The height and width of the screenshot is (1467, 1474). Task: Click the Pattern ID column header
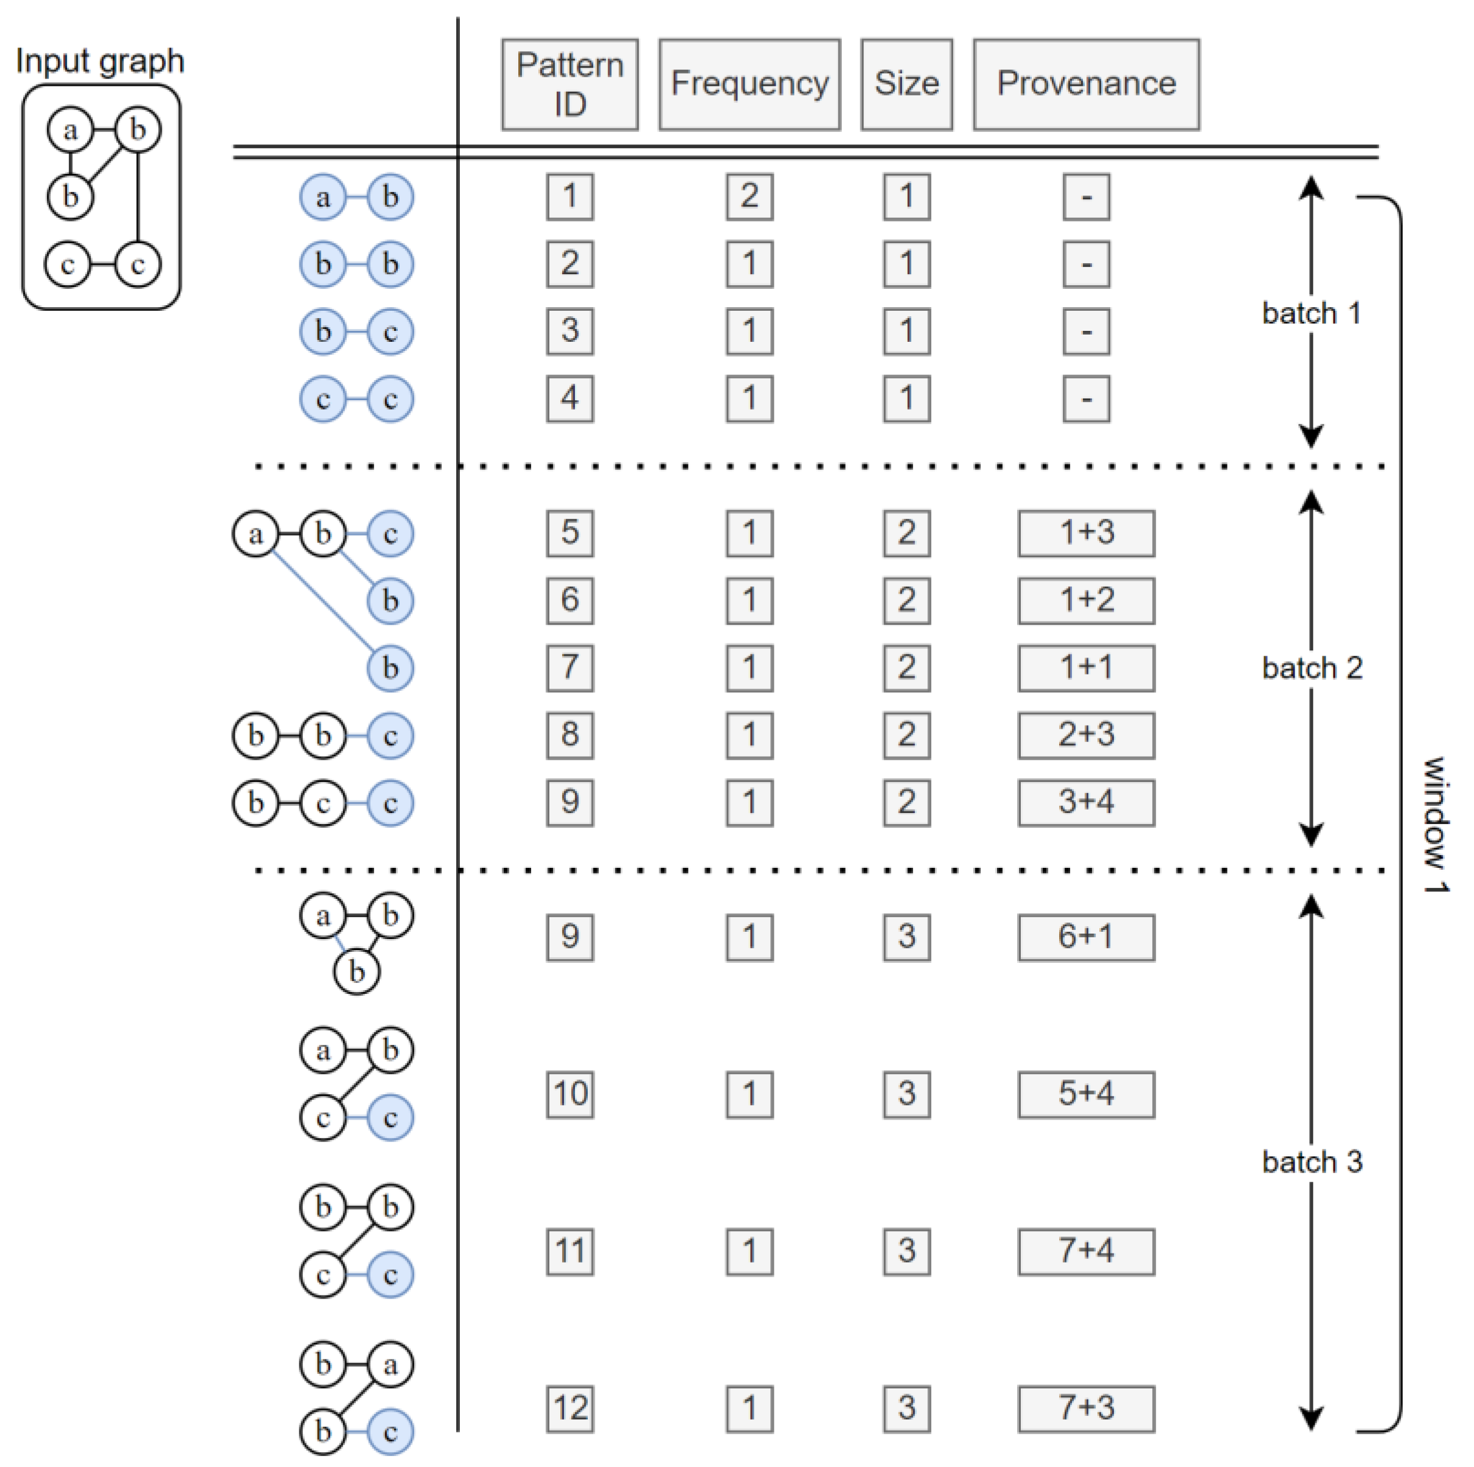pyautogui.click(x=569, y=85)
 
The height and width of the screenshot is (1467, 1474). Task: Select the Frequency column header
pyautogui.click(x=749, y=85)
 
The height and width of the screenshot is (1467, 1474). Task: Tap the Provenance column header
pyautogui.click(x=1086, y=85)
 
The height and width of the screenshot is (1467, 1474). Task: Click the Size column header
pyautogui.click(x=906, y=85)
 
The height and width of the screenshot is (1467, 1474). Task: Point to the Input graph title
pyautogui.click(x=100, y=61)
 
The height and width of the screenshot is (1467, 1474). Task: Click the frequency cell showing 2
pyautogui.click(x=749, y=197)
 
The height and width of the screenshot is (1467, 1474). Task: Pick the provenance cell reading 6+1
pyautogui.click(x=1086, y=937)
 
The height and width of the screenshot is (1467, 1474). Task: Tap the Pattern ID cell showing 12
pyautogui.click(x=570, y=1408)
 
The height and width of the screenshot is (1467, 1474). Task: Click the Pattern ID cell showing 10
pyautogui.click(x=570, y=1094)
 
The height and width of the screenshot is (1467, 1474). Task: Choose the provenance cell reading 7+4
pyautogui.click(x=1086, y=1251)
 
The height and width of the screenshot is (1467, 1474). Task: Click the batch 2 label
pyautogui.click(x=1312, y=668)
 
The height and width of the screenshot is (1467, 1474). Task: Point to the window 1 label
pyautogui.click(x=1434, y=824)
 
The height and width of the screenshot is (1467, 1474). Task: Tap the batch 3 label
pyautogui.click(x=1312, y=1162)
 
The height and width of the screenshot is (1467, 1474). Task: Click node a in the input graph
pyautogui.click(x=70, y=130)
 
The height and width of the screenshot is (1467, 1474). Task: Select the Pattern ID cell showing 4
pyautogui.click(x=570, y=399)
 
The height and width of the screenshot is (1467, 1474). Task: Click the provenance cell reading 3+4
pyautogui.click(x=1086, y=803)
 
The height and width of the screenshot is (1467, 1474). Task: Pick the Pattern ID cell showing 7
pyautogui.click(x=570, y=668)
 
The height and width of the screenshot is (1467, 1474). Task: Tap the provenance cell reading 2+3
pyautogui.click(x=1086, y=735)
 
